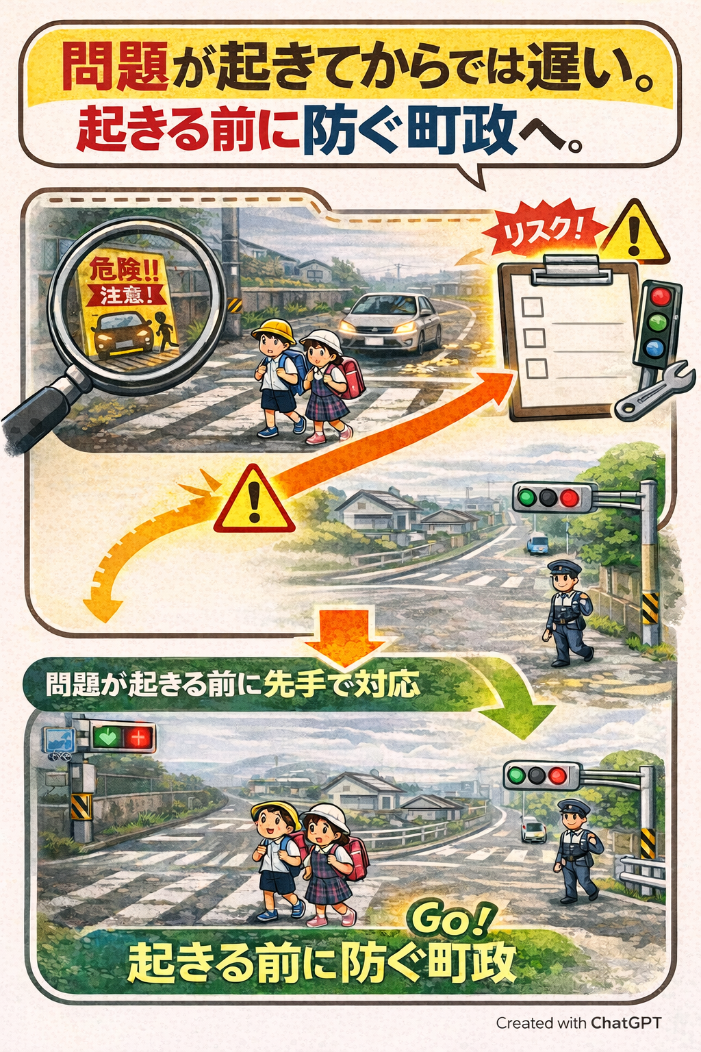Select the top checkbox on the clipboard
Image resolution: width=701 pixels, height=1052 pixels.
533,307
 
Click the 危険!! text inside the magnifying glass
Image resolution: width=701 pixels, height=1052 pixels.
123,270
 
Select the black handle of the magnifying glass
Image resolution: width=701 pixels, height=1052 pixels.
40,409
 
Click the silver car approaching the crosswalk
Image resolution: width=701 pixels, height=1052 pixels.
391,322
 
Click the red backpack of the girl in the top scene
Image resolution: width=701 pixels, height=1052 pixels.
350,377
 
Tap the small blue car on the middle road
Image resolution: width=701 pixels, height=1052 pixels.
537,543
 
